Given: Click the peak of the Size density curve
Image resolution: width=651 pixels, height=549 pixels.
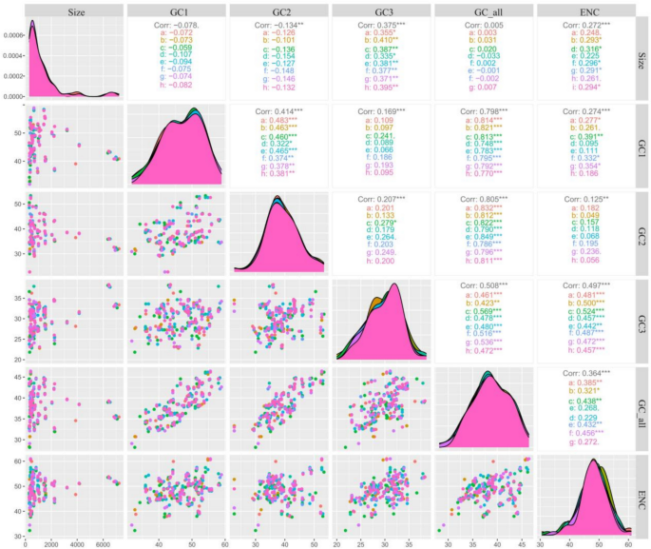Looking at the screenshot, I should pos(33,22).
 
